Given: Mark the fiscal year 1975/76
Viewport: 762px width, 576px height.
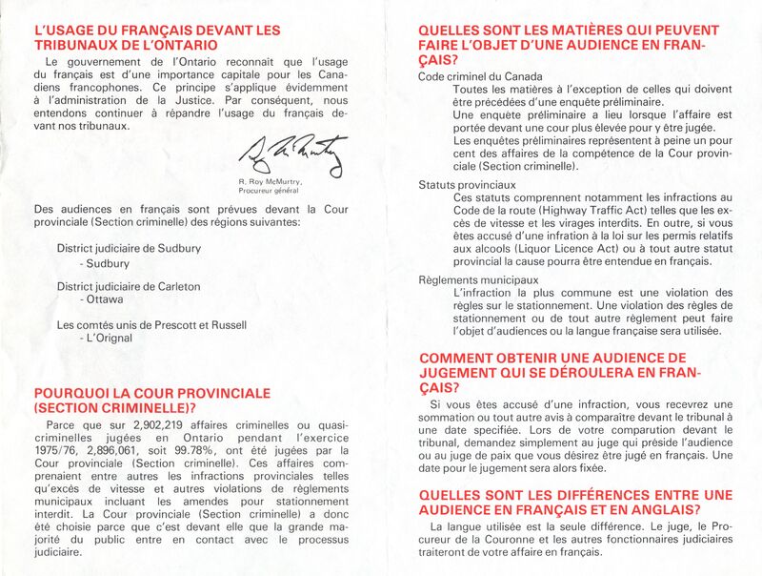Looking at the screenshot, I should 58,450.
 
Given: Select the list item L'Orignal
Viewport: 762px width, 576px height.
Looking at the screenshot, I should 107,338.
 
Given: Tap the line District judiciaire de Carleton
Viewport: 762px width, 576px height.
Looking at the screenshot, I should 129,286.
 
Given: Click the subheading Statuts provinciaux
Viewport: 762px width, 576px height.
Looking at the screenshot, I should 467,184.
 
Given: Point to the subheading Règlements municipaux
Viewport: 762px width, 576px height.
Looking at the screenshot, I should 472,279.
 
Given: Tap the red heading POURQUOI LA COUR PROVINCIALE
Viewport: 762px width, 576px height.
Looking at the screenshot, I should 152,393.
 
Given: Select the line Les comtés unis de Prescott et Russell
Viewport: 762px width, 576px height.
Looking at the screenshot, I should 151,324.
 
